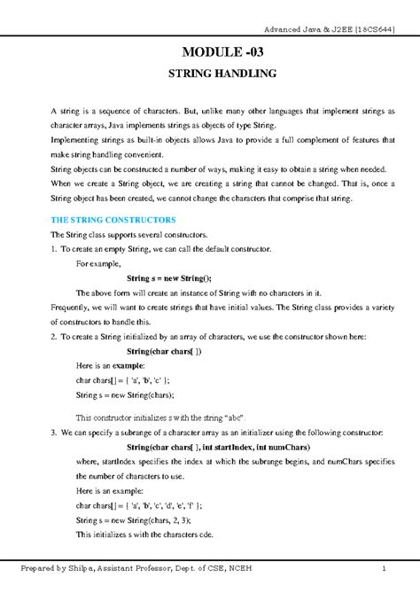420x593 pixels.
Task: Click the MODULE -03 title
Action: (222, 52)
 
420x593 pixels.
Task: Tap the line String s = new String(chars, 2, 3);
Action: (133, 520)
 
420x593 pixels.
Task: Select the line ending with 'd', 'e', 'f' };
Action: (133, 506)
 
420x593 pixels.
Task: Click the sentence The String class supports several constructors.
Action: (128, 234)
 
